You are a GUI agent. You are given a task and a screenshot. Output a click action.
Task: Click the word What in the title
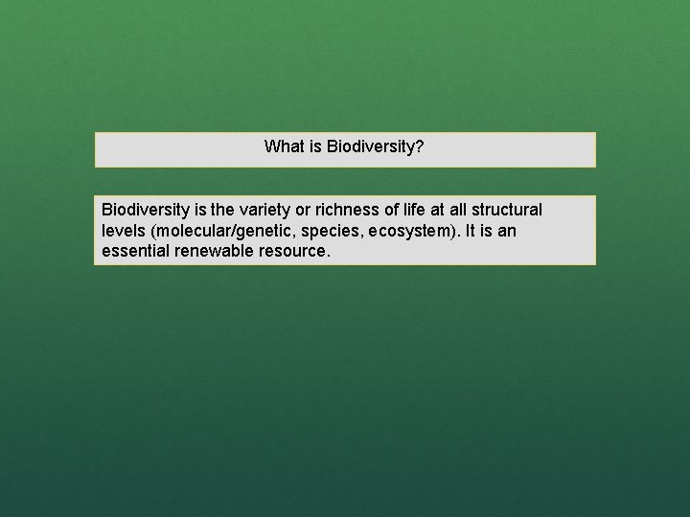click(283, 147)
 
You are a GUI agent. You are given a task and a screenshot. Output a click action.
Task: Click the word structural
click(509, 210)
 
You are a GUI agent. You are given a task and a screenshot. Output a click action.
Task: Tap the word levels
click(122, 231)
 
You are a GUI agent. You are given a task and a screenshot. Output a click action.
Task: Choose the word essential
click(134, 252)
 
